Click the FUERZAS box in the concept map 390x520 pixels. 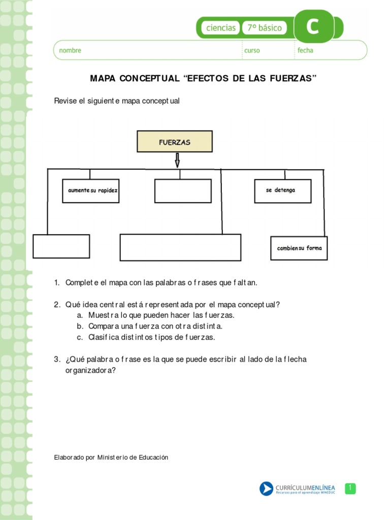point(175,142)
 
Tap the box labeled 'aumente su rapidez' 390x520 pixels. point(91,191)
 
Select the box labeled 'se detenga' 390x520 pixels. point(282,191)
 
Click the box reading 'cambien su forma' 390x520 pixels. point(299,248)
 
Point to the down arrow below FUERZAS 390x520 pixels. point(177,160)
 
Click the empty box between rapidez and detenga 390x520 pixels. point(183,191)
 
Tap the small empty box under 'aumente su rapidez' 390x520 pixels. point(61,246)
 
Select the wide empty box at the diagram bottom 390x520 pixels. point(180,247)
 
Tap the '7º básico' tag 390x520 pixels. point(264,28)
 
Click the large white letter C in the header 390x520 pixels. point(313,27)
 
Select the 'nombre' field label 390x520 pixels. point(70,51)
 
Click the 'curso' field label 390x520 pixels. point(252,51)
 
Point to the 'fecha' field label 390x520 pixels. point(305,51)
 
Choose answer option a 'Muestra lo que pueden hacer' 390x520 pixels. point(161,315)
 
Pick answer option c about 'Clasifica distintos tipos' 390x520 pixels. point(151,337)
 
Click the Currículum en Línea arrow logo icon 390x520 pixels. point(267,489)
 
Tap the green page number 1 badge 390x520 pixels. point(350,488)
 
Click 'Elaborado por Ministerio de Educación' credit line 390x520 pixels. point(111,458)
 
